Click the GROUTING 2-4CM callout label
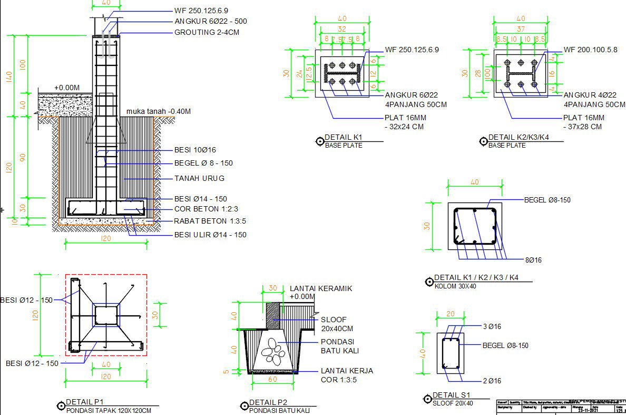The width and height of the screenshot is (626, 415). click(207, 32)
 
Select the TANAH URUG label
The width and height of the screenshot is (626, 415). click(199, 178)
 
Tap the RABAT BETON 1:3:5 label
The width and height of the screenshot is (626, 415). click(210, 221)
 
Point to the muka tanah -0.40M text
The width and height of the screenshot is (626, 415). click(159, 111)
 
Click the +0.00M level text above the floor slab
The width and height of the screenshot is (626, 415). click(66, 88)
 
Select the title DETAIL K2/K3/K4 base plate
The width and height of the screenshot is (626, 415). click(519, 138)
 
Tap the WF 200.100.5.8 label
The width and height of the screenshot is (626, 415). click(590, 50)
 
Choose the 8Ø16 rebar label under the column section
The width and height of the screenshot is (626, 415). click(533, 260)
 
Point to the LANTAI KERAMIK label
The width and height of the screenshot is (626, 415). click(321, 288)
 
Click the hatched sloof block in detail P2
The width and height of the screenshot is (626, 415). click(273, 316)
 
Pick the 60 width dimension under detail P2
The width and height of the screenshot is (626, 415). click(272, 379)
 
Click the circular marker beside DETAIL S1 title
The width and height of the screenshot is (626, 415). click(427, 400)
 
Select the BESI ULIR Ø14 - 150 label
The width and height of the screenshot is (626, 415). click(210, 235)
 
